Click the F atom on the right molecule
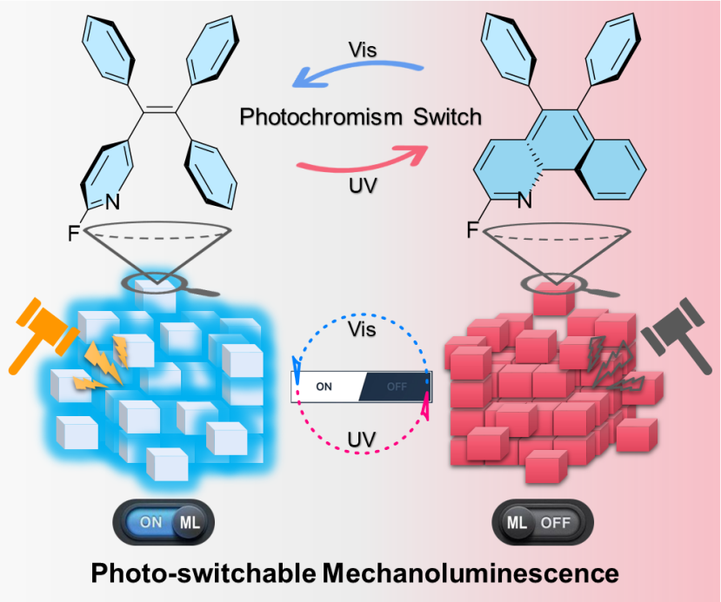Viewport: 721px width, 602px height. (471, 231)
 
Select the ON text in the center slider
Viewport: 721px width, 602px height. (324, 387)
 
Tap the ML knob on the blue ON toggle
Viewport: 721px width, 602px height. (190, 523)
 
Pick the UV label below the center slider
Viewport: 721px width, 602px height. (361, 440)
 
